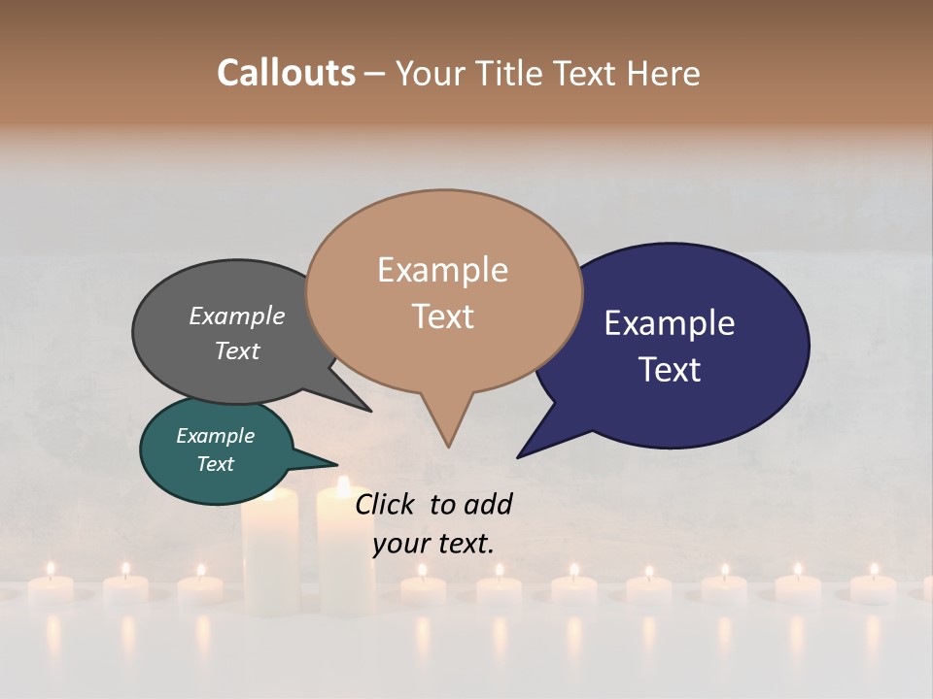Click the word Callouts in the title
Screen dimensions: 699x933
286,73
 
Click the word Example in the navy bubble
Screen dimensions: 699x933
670,323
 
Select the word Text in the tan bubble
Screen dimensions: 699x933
443,316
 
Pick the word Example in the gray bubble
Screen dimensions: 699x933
237,316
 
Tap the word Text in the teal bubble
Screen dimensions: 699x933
216,464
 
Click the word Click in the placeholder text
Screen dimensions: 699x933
384,504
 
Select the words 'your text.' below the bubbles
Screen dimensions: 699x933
433,544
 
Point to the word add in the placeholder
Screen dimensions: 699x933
488,504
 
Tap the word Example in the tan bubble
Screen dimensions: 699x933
443,270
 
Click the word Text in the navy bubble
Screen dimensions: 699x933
671,370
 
